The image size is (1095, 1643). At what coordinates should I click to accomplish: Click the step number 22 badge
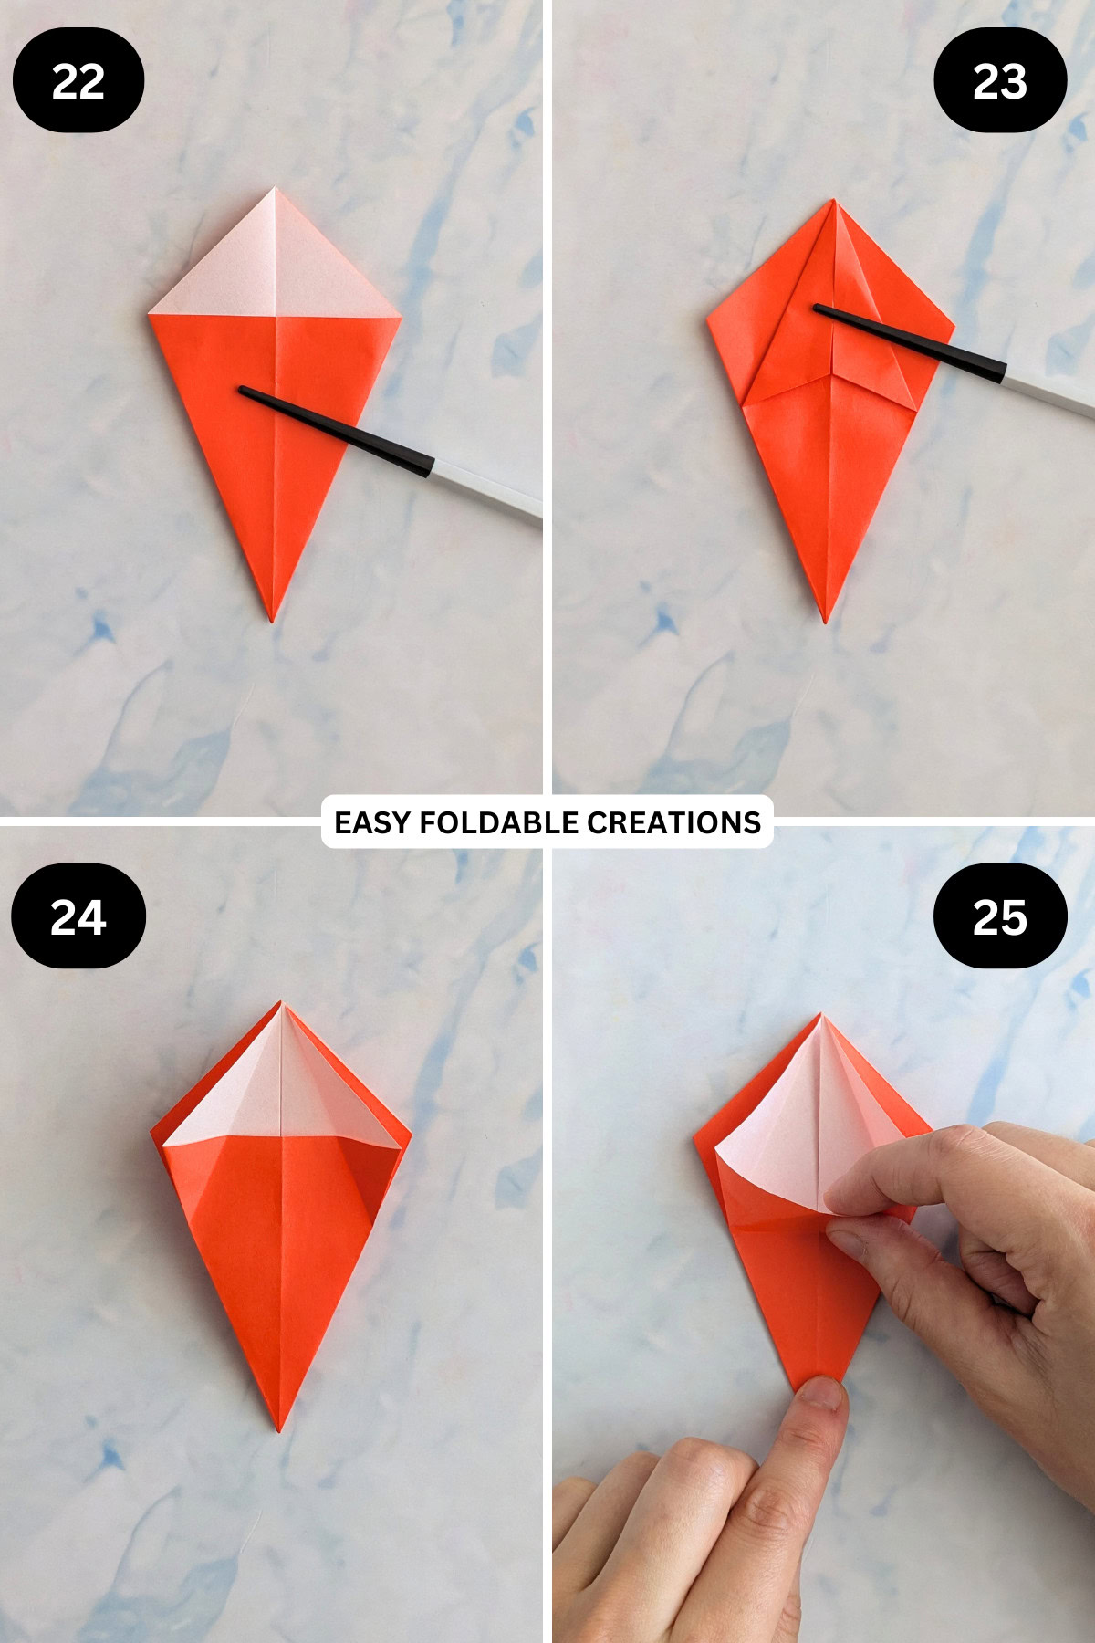[78, 80]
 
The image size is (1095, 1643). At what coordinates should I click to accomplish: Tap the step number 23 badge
[1000, 80]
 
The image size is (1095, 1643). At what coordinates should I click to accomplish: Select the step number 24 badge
[78, 916]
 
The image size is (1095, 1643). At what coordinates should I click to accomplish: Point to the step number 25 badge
[1000, 916]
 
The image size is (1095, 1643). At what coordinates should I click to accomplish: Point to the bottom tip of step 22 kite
[272, 622]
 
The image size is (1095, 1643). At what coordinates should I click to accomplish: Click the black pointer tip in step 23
[816, 309]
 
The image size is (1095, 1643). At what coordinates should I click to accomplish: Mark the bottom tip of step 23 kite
[827, 623]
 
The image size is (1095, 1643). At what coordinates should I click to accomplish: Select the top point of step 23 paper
[833, 201]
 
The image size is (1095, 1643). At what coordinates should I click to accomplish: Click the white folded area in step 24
[282, 1086]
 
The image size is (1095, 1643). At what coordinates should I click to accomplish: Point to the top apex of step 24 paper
[282, 1003]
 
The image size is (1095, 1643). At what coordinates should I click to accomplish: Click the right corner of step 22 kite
[400, 318]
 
